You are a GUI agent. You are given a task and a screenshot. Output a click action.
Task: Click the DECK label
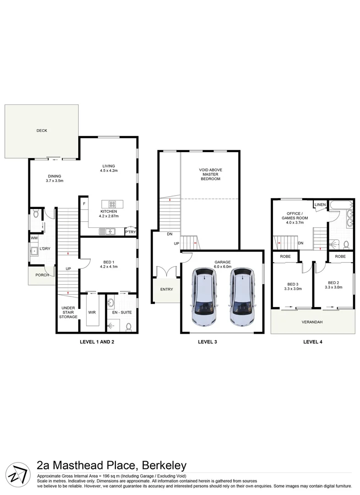pos(42,131)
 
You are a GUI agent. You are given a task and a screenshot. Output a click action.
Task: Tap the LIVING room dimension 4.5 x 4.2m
pos(109,171)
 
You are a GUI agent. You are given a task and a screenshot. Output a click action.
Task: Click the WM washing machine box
pos(34,238)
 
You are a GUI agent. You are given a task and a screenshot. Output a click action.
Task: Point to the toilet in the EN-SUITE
pos(129,326)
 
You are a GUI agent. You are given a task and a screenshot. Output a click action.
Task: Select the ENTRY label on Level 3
pos(166,290)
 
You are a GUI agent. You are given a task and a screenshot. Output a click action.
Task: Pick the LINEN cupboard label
pos(320,204)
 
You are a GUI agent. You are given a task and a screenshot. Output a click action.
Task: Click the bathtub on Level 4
pos(342,204)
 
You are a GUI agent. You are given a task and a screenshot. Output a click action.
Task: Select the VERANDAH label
pos(312,322)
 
